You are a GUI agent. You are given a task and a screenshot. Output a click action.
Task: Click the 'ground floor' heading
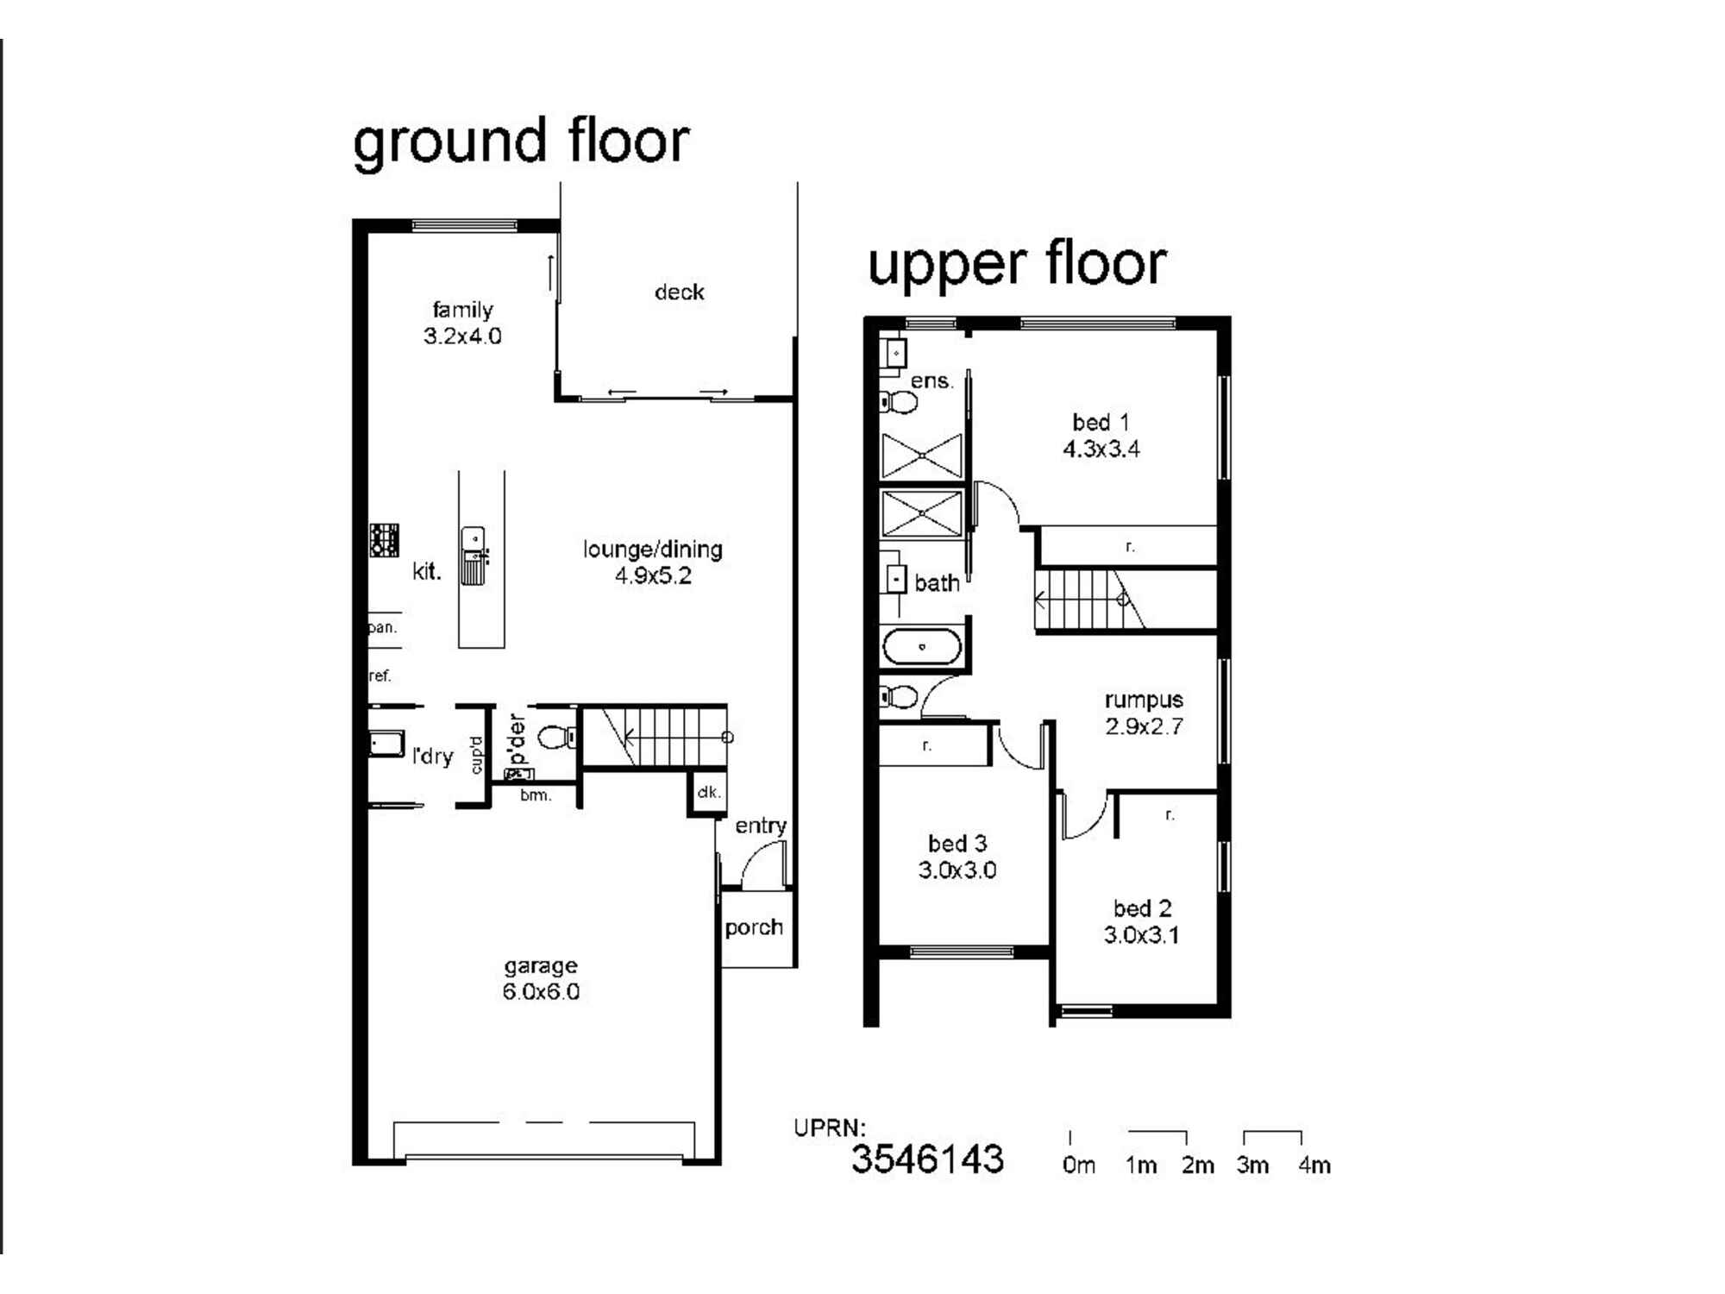click(x=521, y=142)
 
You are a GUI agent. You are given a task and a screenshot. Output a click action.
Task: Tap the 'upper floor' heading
click(x=1017, y=265)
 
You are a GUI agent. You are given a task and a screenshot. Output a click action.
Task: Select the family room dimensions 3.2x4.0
click(x=462, y=336)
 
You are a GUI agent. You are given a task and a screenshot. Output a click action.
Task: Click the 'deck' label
click(x=679, y=292)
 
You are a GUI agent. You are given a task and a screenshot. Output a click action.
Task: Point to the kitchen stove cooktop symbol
click(x=384, y=540)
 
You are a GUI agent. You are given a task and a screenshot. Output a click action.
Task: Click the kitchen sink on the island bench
click(x=474, y=556)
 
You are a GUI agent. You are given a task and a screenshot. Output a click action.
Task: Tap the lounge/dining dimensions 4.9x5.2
click(x=653, y=575)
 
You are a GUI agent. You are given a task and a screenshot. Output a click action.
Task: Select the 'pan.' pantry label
click(x=383, y=627)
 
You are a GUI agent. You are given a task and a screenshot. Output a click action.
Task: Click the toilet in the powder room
click(x=558, y=738)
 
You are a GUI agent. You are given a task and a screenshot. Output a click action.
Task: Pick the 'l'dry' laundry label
click(x=432, y=757)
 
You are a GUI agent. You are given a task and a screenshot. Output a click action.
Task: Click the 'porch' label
click(x=754, y=928)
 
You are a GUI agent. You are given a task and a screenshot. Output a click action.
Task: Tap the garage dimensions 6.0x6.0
click(x=541, y=992)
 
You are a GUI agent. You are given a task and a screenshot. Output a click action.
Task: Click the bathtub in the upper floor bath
click(x=922, y=647)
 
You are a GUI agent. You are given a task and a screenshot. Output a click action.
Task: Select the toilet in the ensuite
click(x=899, y=401)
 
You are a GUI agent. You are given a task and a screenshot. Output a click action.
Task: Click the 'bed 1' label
click(x=1101, y=423)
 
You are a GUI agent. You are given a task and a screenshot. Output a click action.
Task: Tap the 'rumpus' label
click(x=1144, y=700)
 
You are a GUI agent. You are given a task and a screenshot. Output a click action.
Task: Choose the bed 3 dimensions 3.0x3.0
click(x=957, y=870)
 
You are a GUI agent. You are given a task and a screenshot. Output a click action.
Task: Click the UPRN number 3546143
click(x=927, y=1159)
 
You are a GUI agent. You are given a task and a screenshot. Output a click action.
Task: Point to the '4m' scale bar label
click(x=1314, y=1165)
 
